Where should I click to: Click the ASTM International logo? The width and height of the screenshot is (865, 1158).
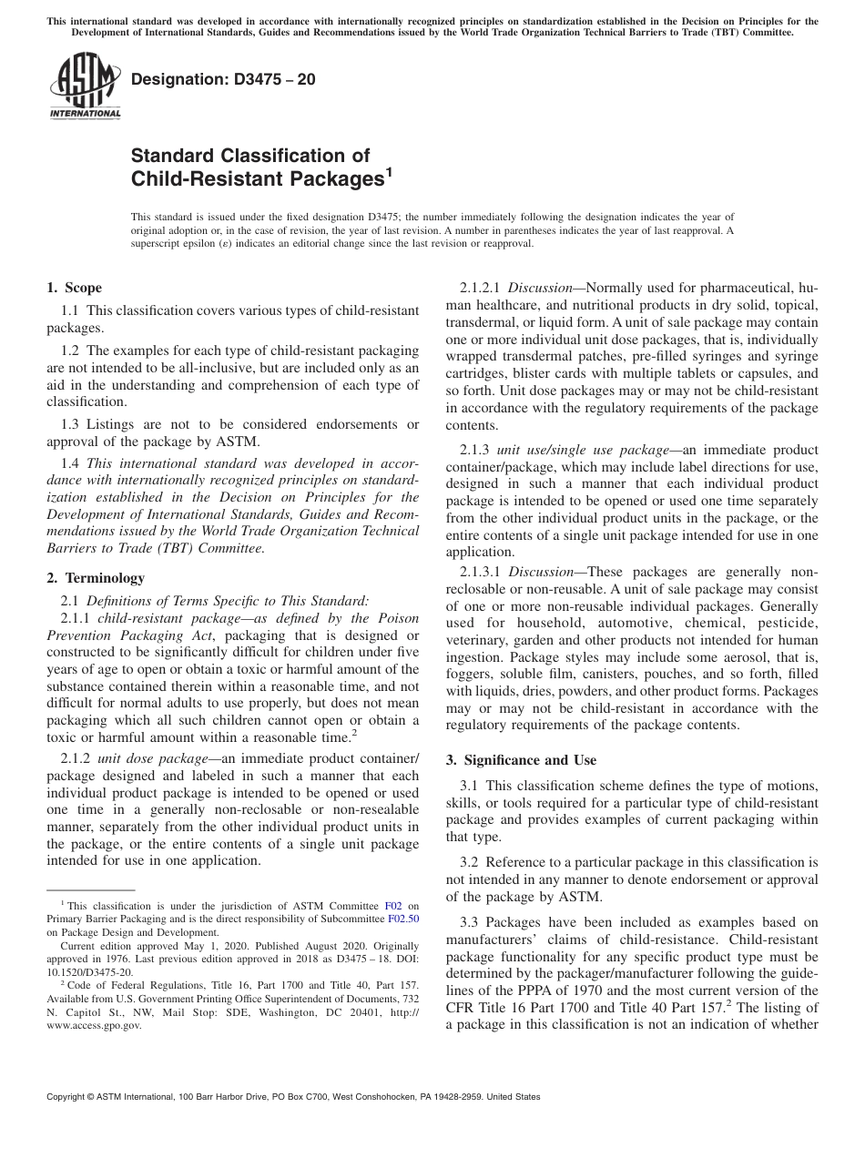point(84,86)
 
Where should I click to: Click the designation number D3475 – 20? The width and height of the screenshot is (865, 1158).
point(224,79)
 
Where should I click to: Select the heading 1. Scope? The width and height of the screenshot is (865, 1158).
point(74,288)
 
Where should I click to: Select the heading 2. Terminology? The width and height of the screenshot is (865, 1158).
point(96,577)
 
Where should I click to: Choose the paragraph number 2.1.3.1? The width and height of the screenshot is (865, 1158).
point(481,572)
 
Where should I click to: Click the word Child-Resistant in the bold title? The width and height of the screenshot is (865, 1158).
point(208,178)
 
